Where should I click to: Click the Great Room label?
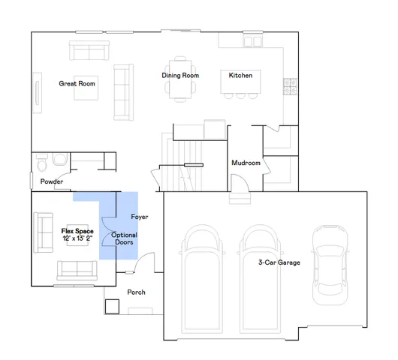77,84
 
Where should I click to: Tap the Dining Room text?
180,76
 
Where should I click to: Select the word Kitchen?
240,76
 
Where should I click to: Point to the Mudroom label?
246,163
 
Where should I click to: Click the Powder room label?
52,182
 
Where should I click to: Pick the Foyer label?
140,217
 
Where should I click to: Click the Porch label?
136,292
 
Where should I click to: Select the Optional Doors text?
124,239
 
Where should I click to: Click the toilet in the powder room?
43,163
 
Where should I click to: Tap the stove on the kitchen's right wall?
286,86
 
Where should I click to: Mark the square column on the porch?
113,307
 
